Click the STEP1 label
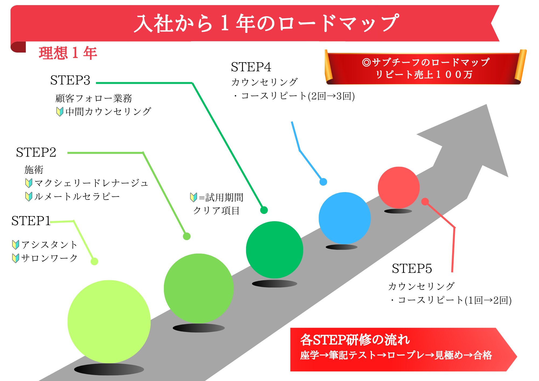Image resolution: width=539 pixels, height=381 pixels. coord(31,221)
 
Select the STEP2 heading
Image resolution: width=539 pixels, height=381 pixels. coord(36,153)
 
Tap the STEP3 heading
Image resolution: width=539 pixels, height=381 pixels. coord(70,80)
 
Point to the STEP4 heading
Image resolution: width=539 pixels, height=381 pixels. coord(251,67)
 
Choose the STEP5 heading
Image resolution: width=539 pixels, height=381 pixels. coord(412,269)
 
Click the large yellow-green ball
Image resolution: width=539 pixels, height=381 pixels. coord(109,321)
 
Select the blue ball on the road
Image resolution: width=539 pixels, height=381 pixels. coord(344,218)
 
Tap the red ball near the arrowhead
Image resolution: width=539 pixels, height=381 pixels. coord(399,187)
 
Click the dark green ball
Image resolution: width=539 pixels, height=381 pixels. coord(274,250)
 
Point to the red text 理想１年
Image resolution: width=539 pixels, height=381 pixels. coord(68,53)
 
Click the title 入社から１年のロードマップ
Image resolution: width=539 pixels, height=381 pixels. coord(266,23)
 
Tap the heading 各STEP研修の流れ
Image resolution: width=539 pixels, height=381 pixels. coord(355,340)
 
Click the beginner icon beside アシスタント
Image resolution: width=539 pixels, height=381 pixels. coord(16,245)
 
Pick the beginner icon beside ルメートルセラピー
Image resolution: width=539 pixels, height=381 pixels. coord(29,196)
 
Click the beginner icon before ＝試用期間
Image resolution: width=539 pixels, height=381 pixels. coord(194,198)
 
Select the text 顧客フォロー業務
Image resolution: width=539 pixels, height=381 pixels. coord(94,98)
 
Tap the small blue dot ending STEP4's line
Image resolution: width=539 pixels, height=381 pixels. coord(323,182)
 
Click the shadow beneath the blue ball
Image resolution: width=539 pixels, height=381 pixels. coord(341,247)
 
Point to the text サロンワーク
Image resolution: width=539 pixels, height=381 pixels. coord(49,258)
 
